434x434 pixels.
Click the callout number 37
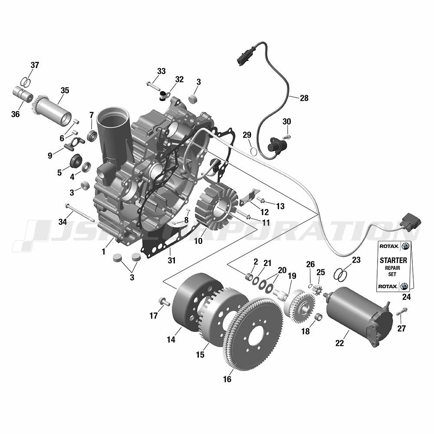coord(35,66)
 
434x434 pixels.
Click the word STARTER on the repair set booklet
coord(393,260)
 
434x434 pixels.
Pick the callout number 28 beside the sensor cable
coord(304,98)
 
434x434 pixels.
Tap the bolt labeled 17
coord(164,302)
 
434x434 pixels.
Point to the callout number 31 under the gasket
coord(171,260)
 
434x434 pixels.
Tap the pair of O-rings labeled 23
coord(340,274)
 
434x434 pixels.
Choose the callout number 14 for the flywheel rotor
coord(171,340)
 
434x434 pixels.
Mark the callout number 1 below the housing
coord(104,252)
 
